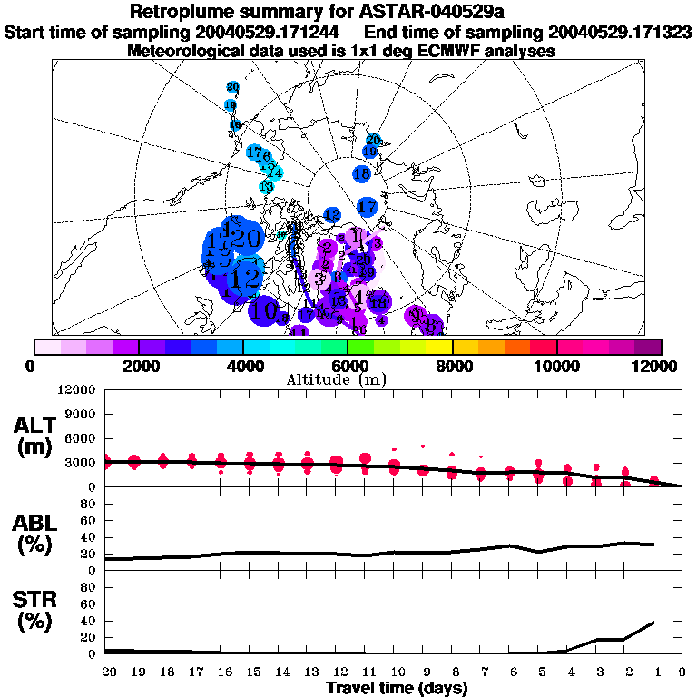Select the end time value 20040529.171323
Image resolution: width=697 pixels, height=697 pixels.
coord(617,33)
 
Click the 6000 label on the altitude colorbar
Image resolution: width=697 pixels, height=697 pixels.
coord(348,366)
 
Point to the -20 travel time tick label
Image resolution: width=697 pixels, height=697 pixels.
coord(105,673)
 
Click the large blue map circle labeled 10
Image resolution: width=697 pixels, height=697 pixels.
coord(264,310)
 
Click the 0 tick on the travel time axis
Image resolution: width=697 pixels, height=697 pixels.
coord(682,673)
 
